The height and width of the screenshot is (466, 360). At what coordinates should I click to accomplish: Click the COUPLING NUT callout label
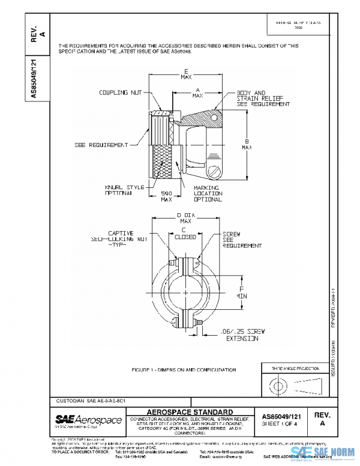121,92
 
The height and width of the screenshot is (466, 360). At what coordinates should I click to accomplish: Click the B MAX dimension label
247,143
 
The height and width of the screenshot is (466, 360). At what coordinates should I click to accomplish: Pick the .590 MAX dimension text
167,196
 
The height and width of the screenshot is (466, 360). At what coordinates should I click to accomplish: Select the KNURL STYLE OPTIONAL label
122,190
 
